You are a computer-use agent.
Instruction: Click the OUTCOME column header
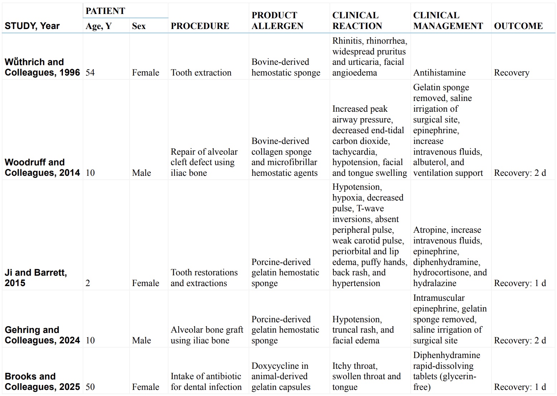518,26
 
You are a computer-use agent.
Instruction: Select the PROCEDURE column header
200,26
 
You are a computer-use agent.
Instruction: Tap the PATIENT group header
105,11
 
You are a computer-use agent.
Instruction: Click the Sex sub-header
139,26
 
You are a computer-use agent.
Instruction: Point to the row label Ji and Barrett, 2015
36,278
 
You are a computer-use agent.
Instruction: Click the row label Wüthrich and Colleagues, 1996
42,67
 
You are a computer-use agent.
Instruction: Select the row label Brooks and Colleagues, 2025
42,382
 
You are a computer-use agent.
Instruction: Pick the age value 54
90,73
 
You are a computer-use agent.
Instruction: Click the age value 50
90,387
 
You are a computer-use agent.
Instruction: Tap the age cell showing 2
88,283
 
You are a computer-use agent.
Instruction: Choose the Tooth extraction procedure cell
201,73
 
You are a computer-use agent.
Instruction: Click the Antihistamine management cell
439,73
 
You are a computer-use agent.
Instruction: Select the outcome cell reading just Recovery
512,73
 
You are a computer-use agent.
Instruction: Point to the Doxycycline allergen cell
281,376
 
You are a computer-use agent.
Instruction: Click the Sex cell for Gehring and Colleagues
141,341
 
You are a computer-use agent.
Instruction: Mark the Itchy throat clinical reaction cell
366,376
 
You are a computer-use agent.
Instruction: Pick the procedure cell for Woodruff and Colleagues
204,162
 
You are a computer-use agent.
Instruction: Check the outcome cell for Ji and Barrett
520,283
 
